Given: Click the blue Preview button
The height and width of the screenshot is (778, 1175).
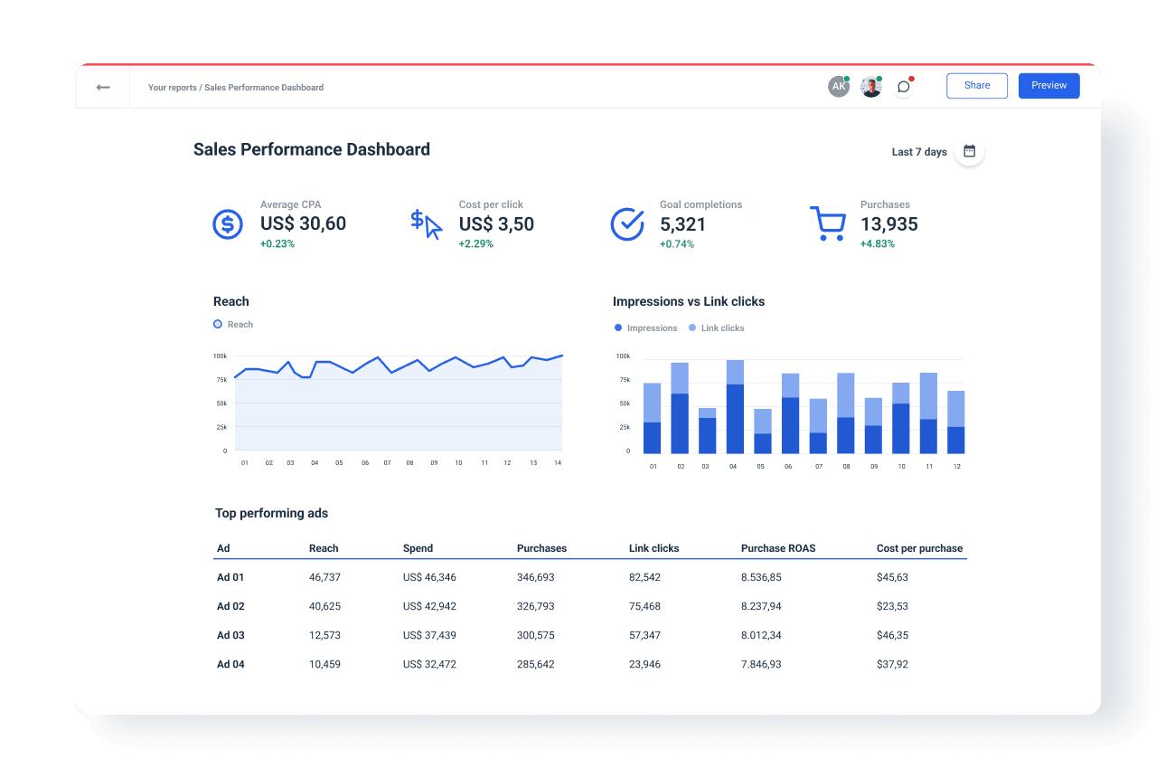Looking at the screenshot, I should coord(1048,86).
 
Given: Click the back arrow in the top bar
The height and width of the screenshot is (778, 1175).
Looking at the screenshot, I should coord(103,87).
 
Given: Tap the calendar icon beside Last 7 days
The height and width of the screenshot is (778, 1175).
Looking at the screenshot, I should coord(969,151).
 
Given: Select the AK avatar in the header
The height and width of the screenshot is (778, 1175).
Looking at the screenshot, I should coord(839,87).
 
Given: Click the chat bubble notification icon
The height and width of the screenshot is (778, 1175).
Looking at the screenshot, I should coord(903,87).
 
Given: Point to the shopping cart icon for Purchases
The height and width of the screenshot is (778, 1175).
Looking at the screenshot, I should coord(827,223).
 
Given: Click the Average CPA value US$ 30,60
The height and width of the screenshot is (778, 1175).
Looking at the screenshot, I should coord(303,223).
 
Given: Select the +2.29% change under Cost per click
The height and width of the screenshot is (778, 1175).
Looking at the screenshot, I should coord(476,244).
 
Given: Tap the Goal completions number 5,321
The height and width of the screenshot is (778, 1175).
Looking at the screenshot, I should coord(682,223).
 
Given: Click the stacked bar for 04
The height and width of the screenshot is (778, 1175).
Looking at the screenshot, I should coord(735,407).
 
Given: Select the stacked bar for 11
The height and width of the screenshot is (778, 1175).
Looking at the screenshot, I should coord(928,413).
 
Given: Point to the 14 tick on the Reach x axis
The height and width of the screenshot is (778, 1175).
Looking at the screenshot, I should coord(558,462).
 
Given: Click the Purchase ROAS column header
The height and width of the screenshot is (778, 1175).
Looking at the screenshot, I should coord(777,548).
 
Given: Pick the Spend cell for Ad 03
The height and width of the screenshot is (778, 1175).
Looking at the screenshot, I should coord(429,635).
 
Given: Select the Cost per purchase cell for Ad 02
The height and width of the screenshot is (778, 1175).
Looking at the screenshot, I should coord(892,606).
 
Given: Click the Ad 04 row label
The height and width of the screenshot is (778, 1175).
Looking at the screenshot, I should coord(230,664).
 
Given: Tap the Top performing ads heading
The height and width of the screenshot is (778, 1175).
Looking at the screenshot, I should coord(271,513).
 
